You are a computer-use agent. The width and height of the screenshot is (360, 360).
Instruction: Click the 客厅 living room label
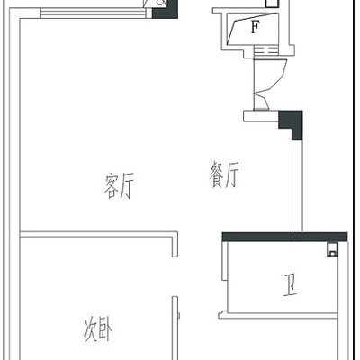tap(119, 186)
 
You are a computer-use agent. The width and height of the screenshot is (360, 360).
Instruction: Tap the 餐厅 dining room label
tap(224, 175)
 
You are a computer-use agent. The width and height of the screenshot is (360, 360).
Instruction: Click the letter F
tap(255, 28)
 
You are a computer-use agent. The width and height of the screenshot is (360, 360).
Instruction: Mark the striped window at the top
tap(93, 13)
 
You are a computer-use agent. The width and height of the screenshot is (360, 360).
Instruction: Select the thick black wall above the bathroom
tap(284, 237)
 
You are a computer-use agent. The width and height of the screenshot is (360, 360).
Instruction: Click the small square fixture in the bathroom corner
tap(332, 249)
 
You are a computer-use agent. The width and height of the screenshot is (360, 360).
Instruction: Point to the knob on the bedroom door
tap(179, 316)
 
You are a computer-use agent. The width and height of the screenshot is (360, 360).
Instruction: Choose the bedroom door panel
tap(175, 328)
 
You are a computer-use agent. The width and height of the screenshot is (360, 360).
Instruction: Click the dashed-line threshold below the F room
tap(265, 50)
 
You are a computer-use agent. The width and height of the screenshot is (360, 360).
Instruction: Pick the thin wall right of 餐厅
tap(297, 185)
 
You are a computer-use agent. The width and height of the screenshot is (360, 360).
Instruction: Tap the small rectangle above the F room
tap(273, 4)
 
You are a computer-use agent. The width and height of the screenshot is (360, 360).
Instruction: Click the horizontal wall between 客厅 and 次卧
tap(99, 235)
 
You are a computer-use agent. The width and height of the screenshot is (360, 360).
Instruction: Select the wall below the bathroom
tap(278, 316)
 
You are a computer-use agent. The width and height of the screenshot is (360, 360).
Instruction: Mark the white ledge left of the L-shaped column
tap(261, 116)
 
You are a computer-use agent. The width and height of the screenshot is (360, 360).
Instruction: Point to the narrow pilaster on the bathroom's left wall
tap(224, 261)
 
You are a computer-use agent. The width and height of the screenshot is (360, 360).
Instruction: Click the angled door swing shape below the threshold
tap(269, 84)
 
